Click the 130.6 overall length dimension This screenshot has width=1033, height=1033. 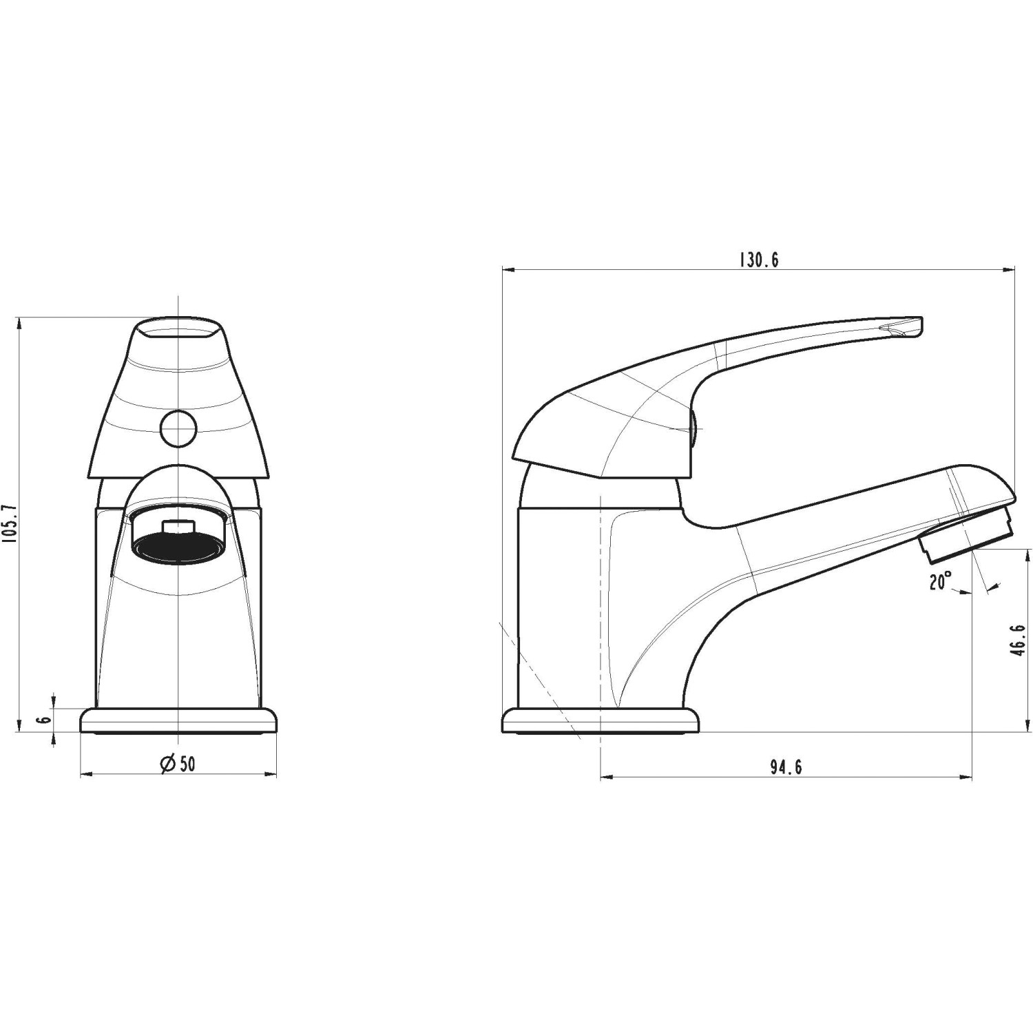point(759,260)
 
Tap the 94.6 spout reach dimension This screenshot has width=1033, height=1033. point(786,767)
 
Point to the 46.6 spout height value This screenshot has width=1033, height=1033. point(1019,640)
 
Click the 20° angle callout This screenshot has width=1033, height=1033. point(940,582)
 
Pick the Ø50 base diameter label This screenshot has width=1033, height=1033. point(178,764)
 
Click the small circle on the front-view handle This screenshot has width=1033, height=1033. point(178,429)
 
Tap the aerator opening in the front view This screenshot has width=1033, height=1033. point(178,541)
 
